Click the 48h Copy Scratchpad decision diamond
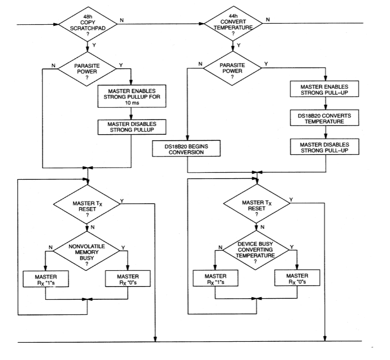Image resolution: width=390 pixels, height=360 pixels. pyautogui.click(x=88, y=23)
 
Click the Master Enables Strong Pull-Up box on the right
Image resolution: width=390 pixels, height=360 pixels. pyautogui.click(x=325, y=89)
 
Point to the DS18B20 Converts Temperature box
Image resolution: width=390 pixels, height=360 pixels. pyautogui.click(x=325, y=118)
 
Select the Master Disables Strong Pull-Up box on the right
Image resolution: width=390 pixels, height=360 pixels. pyautogui.click(x=325, y=146)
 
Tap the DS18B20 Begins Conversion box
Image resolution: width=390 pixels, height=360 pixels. pyautogui.click(x=188, y=149)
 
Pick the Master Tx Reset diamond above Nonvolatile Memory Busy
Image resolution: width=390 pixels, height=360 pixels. pyautogui.click(x=88, y=206)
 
